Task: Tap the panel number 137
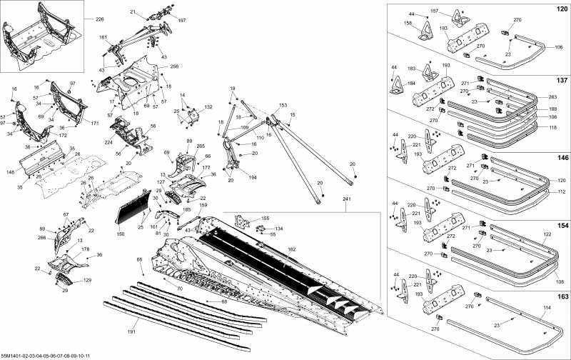[x=562, y=80]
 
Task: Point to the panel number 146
[x=562, y=157]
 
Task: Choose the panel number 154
[x=562, y=224]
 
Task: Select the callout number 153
[x=283, y=105]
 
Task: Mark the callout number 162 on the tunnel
[x=291, y=249]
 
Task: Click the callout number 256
[x=174, y=66]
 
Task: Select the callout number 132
[x=208, y=107]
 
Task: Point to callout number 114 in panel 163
[x=527, y=308]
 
